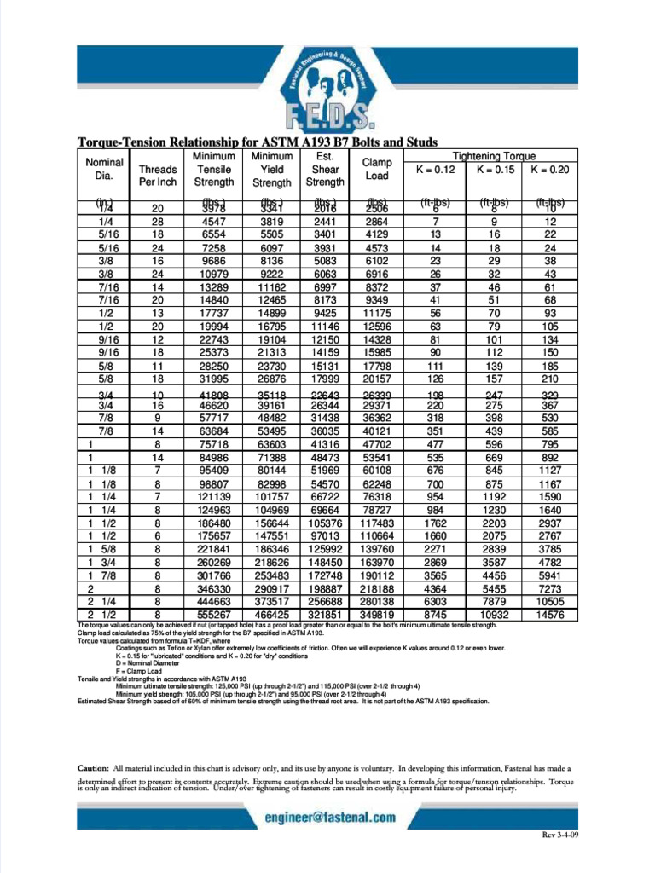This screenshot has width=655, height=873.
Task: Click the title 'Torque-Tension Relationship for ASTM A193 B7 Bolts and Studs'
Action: pyautogui.click(x=258, y=142)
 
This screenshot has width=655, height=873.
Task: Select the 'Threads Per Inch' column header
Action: pyautogui.click(x=157, y=176)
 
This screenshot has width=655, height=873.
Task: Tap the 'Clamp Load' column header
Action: pyautogui.click(x=376, y=169)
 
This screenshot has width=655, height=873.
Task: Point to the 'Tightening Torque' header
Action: pyautogui.click(x=494, y=156)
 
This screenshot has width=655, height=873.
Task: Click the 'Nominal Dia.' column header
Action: pyautogui.click(x=105, y=169)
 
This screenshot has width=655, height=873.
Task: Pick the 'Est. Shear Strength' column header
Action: pyautogui.click(x=325, y=169)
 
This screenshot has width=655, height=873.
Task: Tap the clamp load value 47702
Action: pyautogui.click(x=376, y=444)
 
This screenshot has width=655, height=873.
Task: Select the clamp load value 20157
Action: pyautogui.click(x=376, y=379)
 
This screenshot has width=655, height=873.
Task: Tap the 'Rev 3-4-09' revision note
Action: pyautogui.click(x=560, y=835)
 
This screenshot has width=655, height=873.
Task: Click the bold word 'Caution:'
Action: pyautogui.click(x=93, y=767)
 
